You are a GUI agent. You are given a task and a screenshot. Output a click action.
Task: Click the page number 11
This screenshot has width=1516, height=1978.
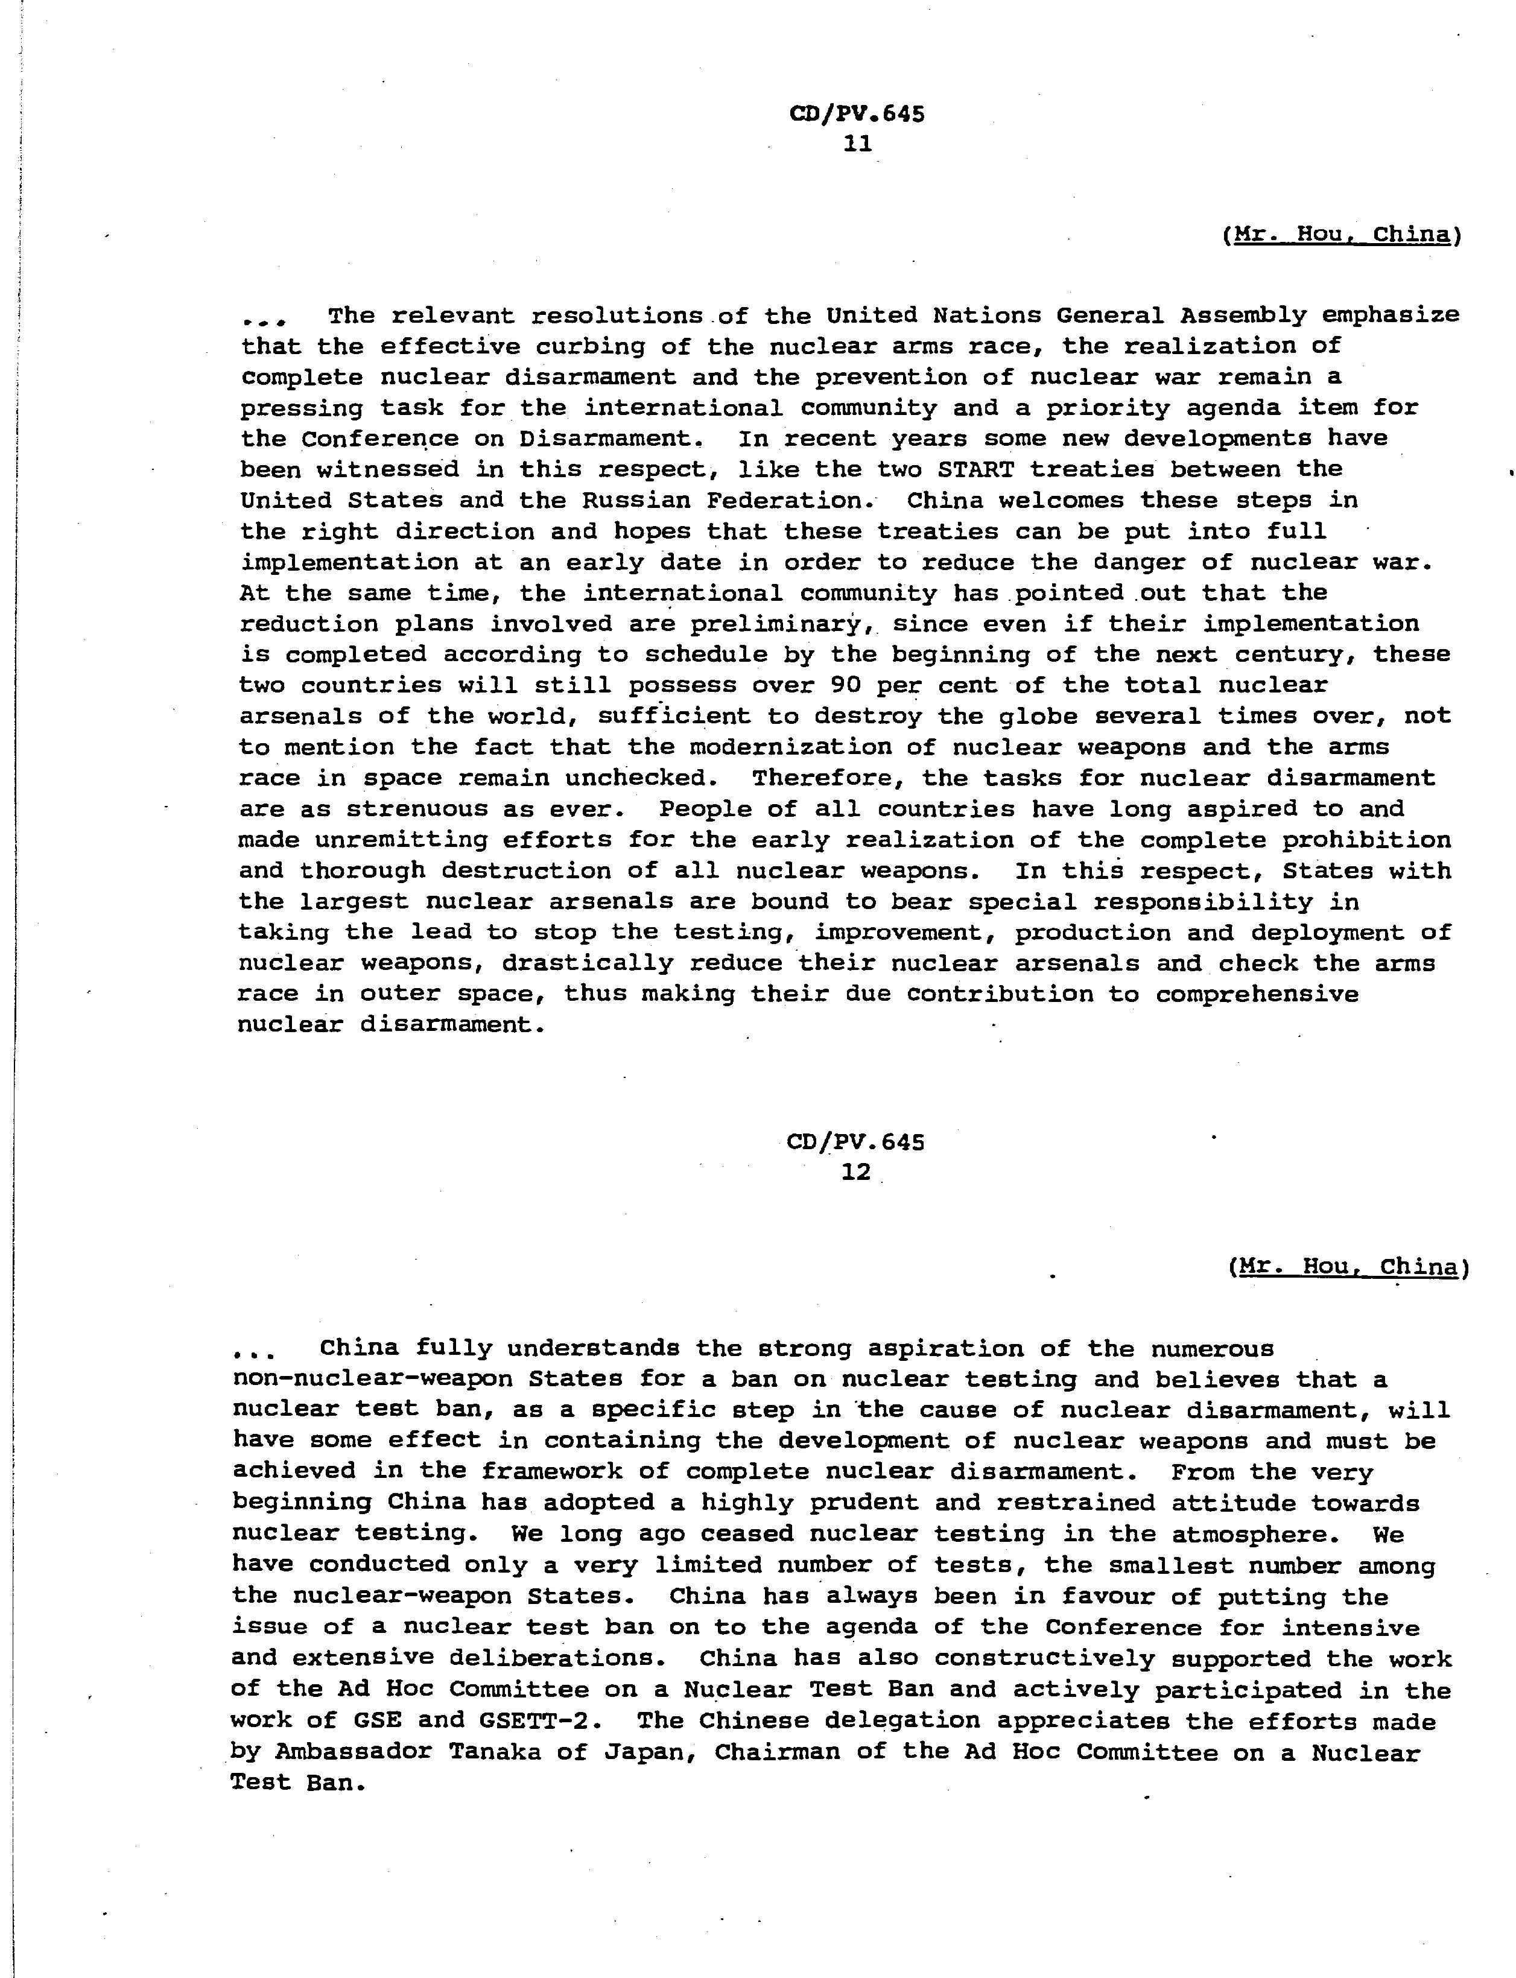click(x=857, y=144)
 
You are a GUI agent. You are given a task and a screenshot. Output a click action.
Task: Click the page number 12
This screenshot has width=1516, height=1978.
click(x=855, y=1172)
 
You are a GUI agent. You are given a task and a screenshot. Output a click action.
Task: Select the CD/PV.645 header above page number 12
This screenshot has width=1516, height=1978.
click(x=855, y=1143)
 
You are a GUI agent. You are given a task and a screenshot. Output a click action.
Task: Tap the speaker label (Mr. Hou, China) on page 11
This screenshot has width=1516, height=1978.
click(x=1342, y=235)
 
